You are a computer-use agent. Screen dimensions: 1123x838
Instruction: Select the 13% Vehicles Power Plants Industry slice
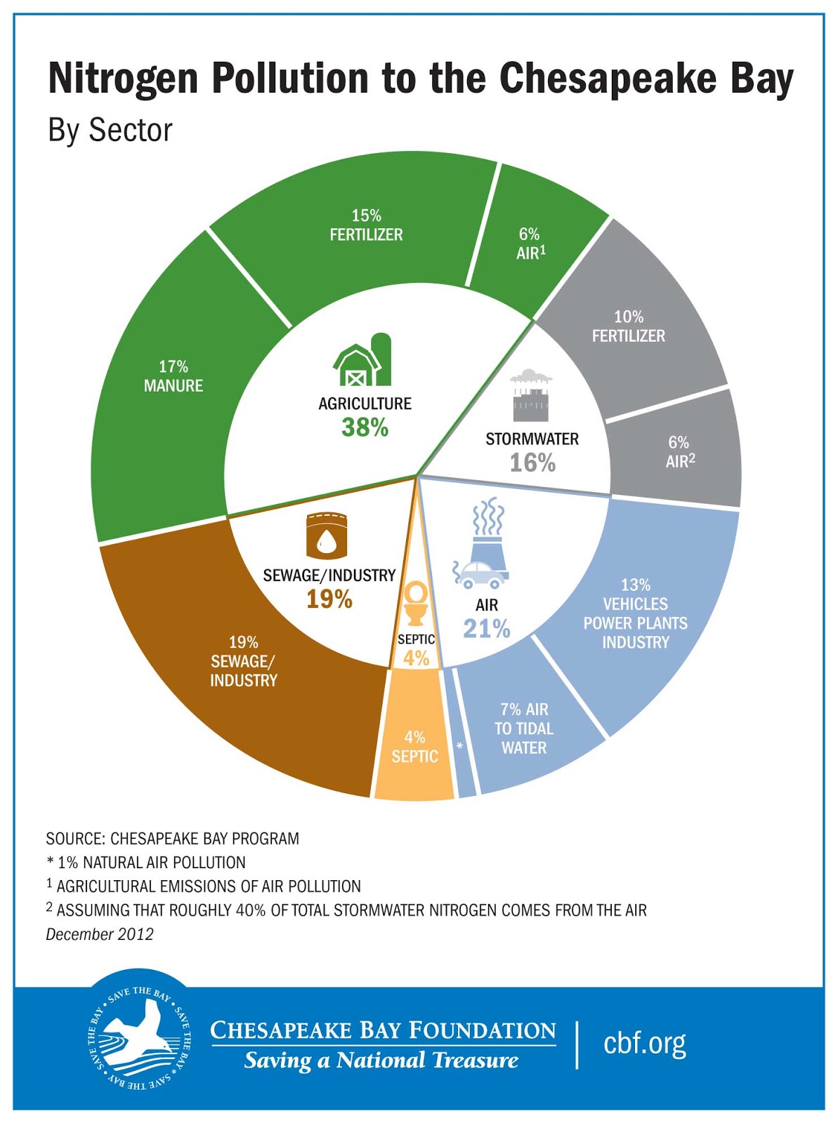636,614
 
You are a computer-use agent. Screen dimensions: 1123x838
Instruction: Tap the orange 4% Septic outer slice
414,747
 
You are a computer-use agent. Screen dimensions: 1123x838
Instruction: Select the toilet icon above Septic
415,602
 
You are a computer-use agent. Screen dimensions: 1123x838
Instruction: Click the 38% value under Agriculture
365,427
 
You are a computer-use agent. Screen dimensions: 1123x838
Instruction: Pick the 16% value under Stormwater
532,463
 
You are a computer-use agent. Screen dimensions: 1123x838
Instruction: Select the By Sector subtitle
110,131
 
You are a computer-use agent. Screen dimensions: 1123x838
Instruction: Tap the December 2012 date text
100,934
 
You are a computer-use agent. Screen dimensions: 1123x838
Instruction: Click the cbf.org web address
644,1043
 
